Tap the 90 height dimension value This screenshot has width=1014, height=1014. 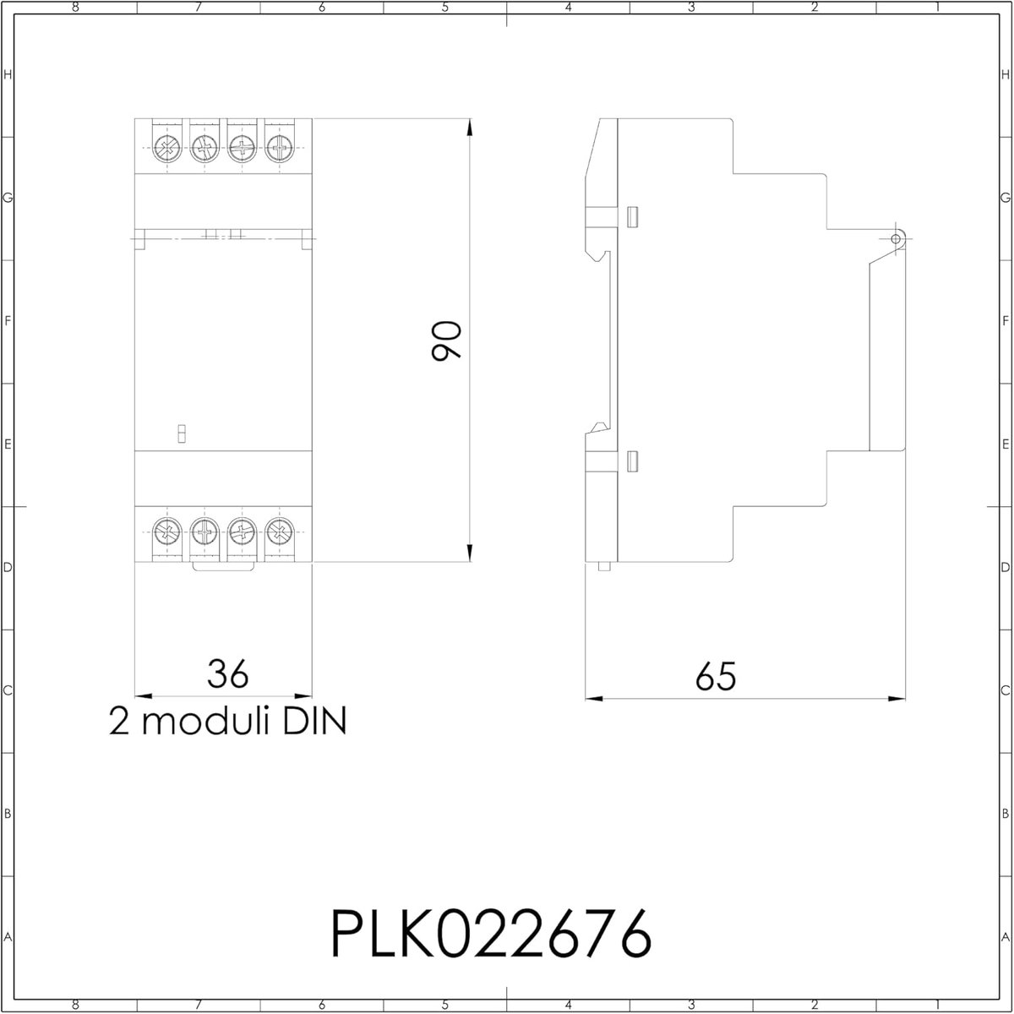click(x=446, y=341)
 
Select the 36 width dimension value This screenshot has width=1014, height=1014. click(x=227, y=673)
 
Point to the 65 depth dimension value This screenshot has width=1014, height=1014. click(x=716, y=676)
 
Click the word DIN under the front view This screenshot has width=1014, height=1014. click(x=314, y=722)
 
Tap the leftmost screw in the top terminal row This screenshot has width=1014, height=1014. click(x=167, y=147)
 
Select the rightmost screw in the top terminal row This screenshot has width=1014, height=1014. click(x=279, y=147)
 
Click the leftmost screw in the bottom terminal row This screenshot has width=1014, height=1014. click(x=167, y=532)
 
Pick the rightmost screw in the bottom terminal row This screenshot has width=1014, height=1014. click(x=279, y=532)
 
